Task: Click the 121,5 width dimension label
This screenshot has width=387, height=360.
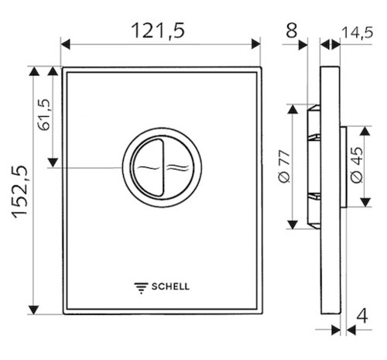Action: click(x=158, y=31)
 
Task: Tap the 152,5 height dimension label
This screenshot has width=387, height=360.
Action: click(x=20, y=191)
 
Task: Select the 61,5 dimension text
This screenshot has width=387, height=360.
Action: click(x=44, y=115)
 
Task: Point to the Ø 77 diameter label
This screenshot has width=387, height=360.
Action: click(x=285, y=167)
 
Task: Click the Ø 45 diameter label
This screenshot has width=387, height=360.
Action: click(x=357, y=165)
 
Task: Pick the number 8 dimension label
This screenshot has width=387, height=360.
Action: click(x=292, y=31)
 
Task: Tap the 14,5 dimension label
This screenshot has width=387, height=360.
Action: click(x=358, y=33)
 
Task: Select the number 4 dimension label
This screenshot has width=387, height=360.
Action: click(x=362, y=316)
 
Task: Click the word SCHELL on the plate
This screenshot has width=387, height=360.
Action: click(x=170, y=286)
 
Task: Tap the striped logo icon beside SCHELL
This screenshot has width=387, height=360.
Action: click(x=141, y=288)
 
